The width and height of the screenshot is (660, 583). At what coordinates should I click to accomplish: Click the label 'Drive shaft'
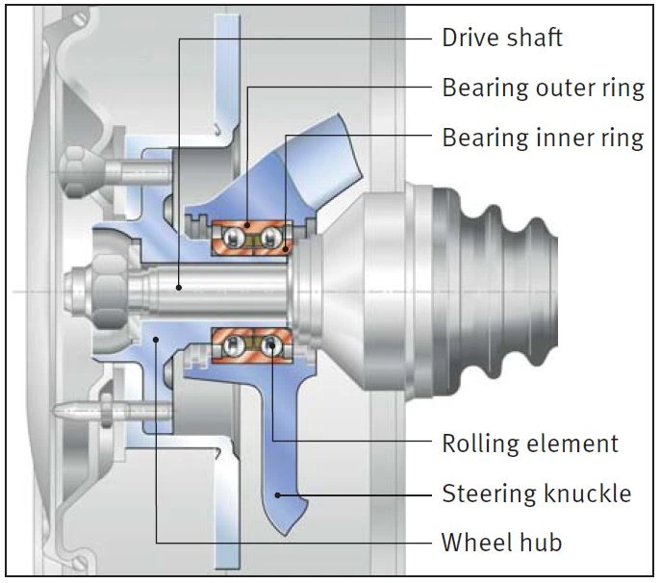click(x=502, y=38)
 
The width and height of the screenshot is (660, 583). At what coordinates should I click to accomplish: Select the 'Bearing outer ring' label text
click(x=543, y=88)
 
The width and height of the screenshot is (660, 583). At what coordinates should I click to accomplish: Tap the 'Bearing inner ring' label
click(x=543, y=138)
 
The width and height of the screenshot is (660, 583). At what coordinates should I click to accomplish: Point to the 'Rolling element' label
click(x=530, y=444)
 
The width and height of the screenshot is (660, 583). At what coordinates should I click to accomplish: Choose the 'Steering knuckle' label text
click(x=537, y=493)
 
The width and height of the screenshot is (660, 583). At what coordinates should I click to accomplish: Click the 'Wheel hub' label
click(x=502, y=543)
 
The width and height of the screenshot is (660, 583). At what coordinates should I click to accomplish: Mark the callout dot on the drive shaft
click(x=179, y=288)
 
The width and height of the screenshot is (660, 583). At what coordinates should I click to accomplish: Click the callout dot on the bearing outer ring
click(x=247, y=226)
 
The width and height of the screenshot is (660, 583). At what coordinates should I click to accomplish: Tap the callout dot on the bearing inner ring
click(x=286, y=249)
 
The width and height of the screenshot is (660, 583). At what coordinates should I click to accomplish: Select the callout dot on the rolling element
click(x=272, y=345)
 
